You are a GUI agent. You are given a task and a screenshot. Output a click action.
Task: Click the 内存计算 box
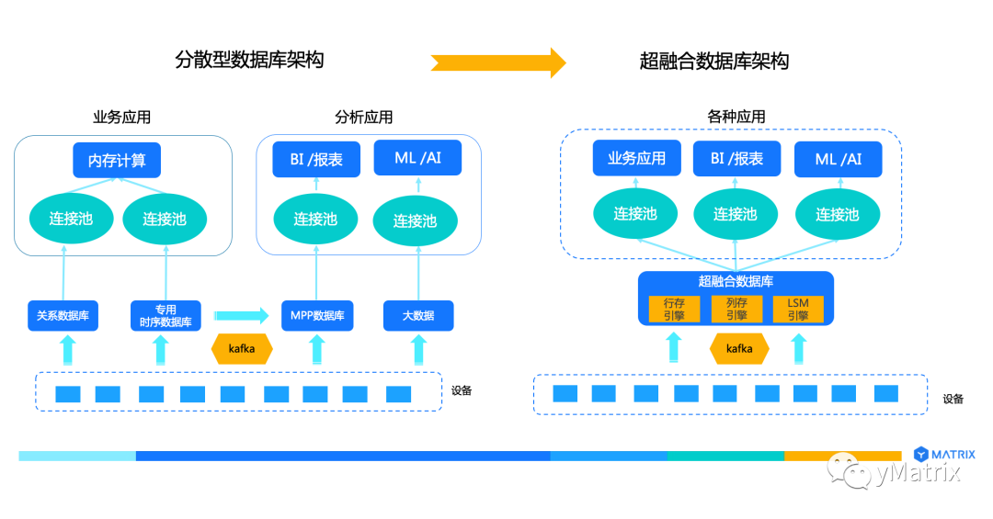point(117,160)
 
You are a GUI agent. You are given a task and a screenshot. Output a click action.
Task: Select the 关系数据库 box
point(63,315)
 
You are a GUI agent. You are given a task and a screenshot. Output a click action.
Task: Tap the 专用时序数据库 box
point(165,315)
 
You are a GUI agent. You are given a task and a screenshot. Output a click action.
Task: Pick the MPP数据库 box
point(317,315)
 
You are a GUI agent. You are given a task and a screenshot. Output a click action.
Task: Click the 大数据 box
point(418,315)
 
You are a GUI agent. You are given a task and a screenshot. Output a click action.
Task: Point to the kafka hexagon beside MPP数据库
point(242,349)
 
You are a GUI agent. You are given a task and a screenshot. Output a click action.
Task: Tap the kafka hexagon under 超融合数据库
point(739,349)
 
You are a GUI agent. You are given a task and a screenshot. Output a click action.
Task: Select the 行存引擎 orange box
point(674,309)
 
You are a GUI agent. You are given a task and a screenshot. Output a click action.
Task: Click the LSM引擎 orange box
point(798,309)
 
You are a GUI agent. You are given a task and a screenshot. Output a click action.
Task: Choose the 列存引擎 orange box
point(736,309)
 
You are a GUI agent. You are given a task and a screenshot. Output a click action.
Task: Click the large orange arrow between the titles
point(498,62)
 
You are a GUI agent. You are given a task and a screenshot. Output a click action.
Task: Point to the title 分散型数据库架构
point(249,60)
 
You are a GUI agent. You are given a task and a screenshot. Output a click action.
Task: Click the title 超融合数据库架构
point(714,62)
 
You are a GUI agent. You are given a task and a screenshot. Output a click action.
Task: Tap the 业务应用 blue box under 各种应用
point(636,158)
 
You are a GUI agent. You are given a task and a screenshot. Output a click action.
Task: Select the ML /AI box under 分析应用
point(418,158)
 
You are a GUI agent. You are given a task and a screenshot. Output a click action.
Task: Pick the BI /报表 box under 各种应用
point(736,159)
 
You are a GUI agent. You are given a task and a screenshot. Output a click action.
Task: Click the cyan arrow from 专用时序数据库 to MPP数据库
point(241,315)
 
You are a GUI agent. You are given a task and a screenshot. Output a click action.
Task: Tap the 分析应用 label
point(363,117)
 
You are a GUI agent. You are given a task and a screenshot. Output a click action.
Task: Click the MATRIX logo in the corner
point(944,454)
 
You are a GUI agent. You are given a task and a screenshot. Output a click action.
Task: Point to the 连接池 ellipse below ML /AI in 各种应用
point(838,215)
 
